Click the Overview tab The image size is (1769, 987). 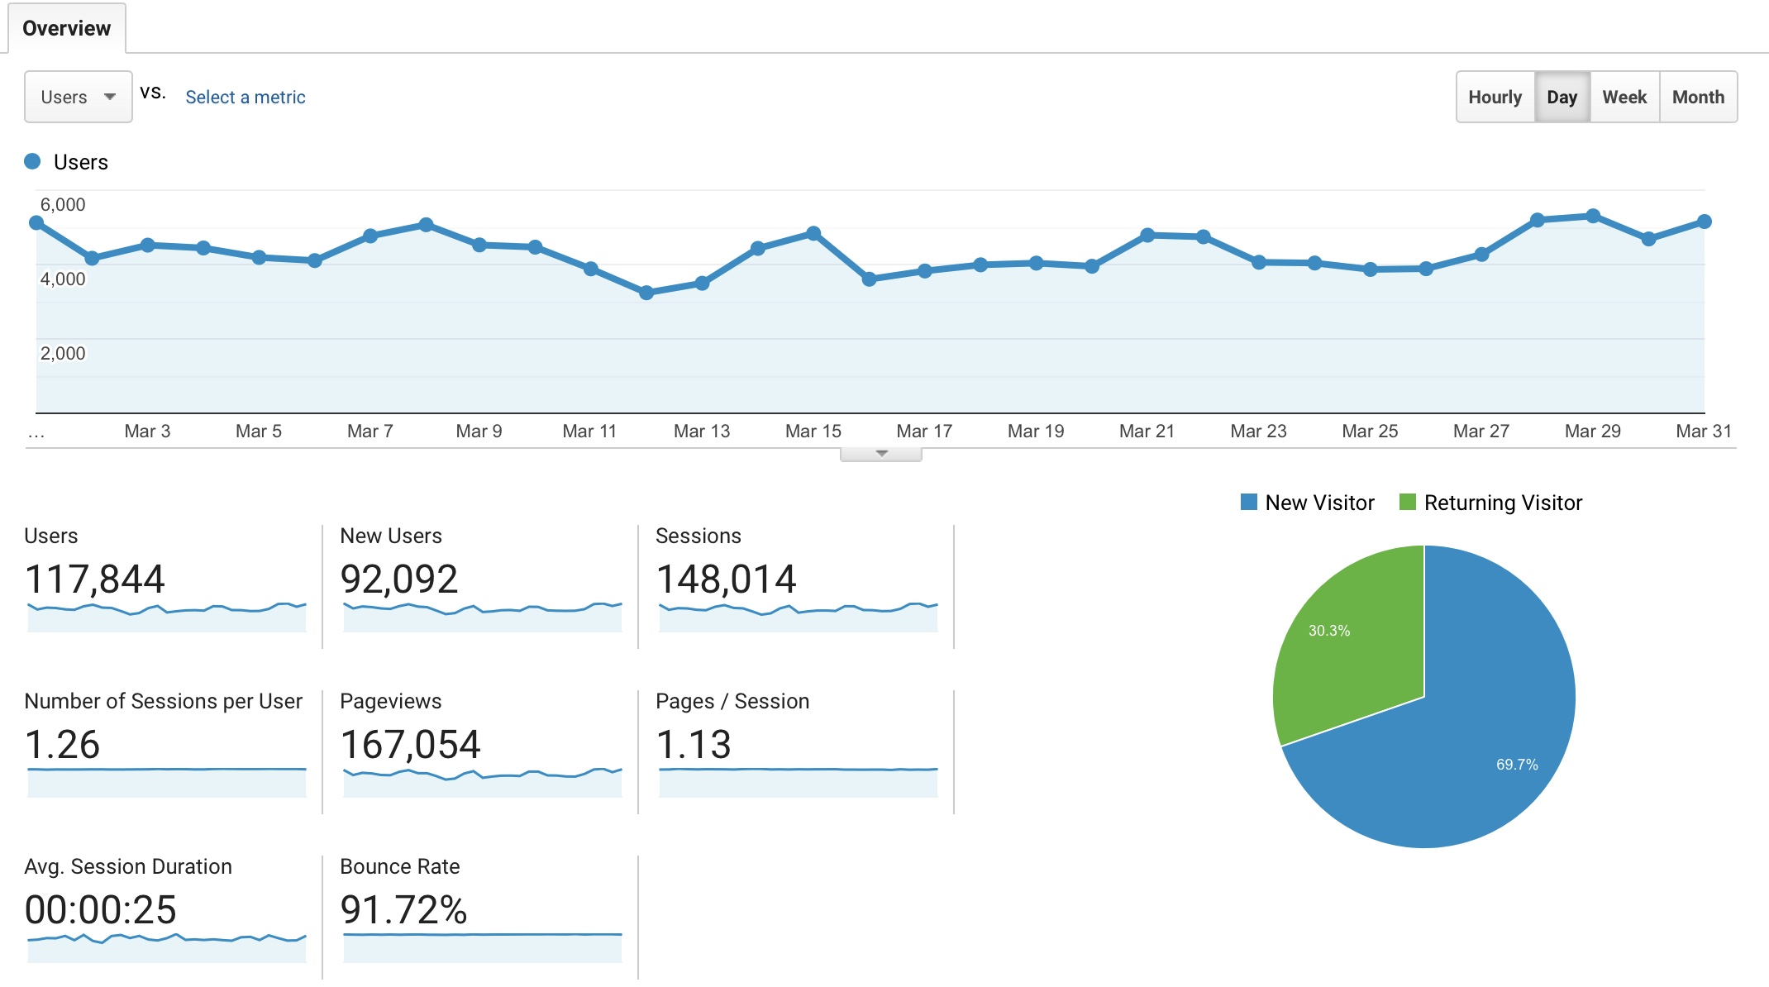66,28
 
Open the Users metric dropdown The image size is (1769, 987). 78,97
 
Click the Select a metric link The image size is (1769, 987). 246,98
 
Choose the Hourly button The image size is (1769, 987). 1495,98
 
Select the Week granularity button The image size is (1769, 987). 1624,98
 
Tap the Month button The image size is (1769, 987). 1698,98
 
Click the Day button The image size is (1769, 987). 1562,98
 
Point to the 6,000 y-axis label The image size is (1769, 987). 63,205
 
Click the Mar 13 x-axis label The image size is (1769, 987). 702,432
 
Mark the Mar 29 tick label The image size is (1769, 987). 1592,432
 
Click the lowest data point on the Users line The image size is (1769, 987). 646,293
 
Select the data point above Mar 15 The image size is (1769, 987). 813,233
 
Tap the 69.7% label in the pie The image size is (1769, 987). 1517,765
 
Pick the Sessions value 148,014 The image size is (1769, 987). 726,579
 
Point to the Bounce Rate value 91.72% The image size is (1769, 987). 403,910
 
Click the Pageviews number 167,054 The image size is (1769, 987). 410,745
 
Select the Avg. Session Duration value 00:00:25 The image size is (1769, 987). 100,910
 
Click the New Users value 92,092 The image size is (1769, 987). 398,579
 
